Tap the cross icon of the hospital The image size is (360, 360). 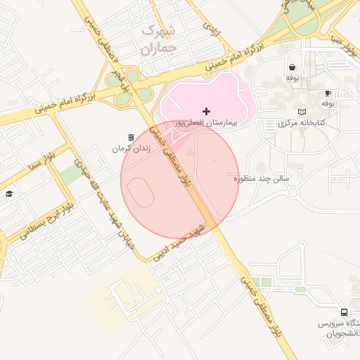pos(206,111)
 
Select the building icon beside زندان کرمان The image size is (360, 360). pos(131,137)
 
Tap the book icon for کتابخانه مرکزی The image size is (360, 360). pos(302,112)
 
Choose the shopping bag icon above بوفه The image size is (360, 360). pos(292,67)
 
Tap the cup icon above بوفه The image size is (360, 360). pos(328,93)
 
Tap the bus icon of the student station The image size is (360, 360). pos(344,312)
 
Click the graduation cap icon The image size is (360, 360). pos(9,193)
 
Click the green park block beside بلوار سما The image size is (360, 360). pos(70,174)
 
